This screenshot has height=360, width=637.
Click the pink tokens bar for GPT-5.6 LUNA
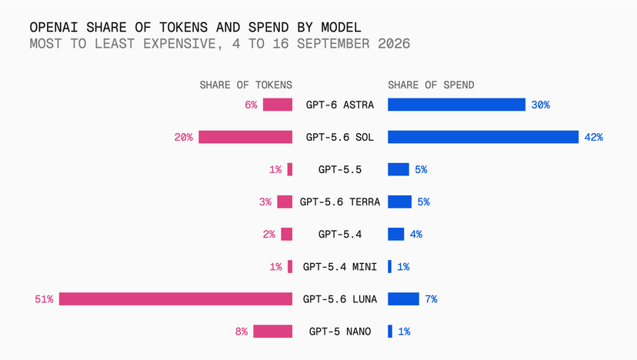tap(175, 299)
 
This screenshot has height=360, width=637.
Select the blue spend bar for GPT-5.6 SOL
tap(483, 137)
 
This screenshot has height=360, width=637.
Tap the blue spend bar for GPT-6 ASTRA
tap(457, 105)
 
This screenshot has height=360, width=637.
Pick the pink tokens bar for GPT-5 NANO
tap(272, 332)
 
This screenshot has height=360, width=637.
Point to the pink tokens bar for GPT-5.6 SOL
tap(245, 137)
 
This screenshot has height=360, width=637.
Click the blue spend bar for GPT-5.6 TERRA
tap(400, 202)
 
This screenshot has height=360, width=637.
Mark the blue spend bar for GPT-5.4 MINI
tap(389, 267)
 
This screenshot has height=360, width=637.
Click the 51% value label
tap(44, 299)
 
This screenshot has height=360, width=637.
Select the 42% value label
tap(593, 138)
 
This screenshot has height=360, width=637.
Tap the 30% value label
tap(540, 105)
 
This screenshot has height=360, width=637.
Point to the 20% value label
tap(184, 138)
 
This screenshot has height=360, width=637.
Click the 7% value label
tap(431, 299)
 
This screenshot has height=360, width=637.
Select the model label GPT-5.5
tap(340, 169)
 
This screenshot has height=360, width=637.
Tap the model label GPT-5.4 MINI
tap(340, 267)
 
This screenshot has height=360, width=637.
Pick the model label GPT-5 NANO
tap(340, 332)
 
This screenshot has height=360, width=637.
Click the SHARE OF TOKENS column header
tap(245, 85)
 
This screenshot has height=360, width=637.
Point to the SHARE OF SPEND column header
tap(431, 85)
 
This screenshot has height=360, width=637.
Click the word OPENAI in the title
tap(54, 27)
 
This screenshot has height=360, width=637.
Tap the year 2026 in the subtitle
tap(394, 44)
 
